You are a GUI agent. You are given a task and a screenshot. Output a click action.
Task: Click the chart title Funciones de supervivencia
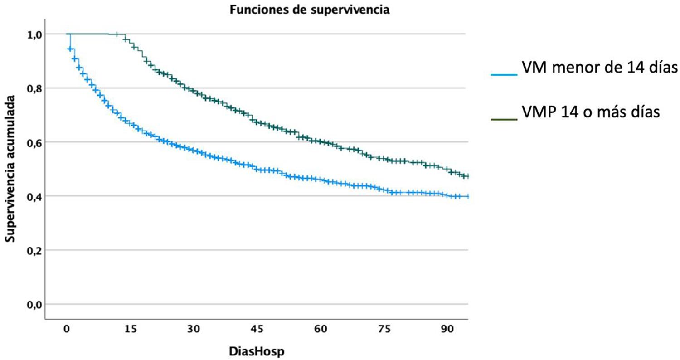click(309, 10)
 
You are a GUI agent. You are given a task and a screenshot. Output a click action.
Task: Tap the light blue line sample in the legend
click(504, 75)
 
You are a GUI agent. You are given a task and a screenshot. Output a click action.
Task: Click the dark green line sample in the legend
click(504, 119)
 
